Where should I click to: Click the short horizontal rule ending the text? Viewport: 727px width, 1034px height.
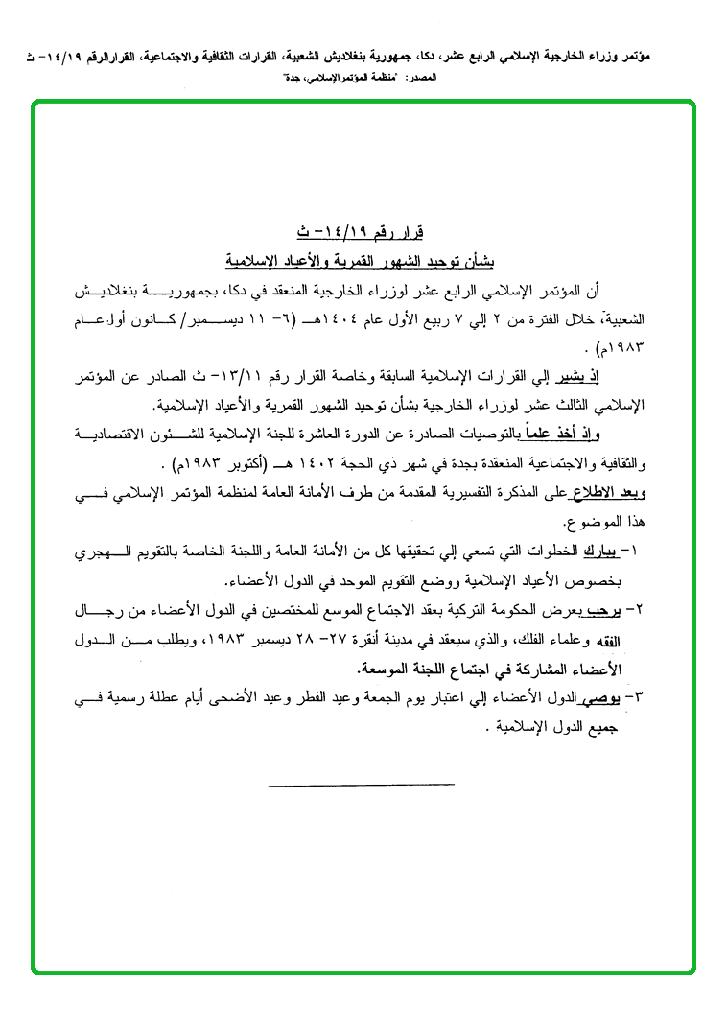[x=362, y=785]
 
